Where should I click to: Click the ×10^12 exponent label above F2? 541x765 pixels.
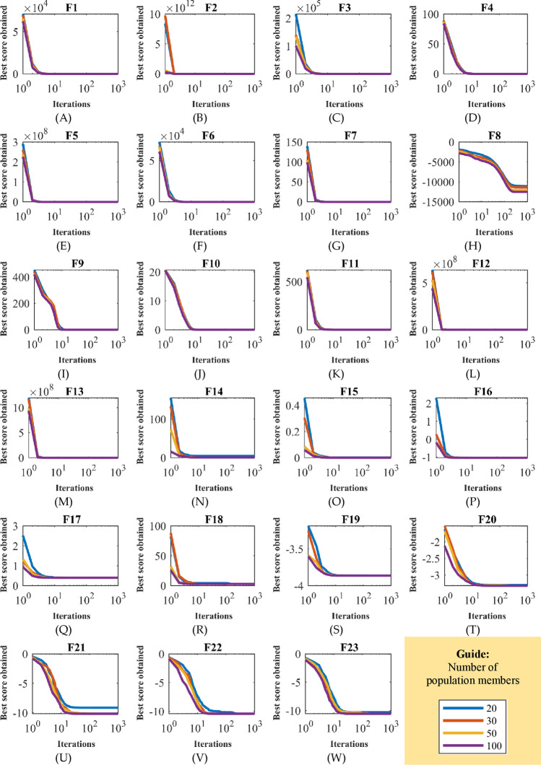[178, 7]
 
